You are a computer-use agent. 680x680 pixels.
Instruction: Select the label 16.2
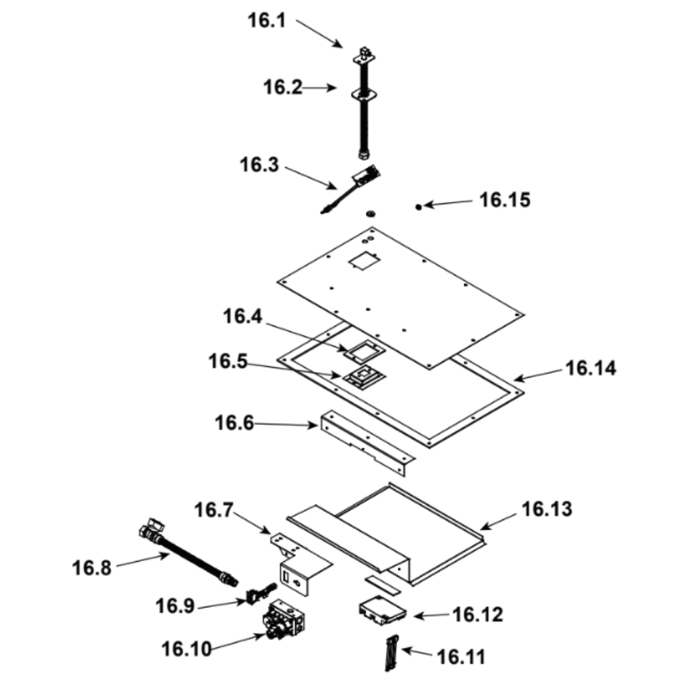tap(282, 87)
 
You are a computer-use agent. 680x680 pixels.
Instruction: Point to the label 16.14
tap(591, 369)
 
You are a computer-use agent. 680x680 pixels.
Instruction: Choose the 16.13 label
tap(547, 508)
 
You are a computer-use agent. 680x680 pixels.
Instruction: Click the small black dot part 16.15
tap(420, 206)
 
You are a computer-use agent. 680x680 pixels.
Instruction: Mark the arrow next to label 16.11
tap(416, 653)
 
